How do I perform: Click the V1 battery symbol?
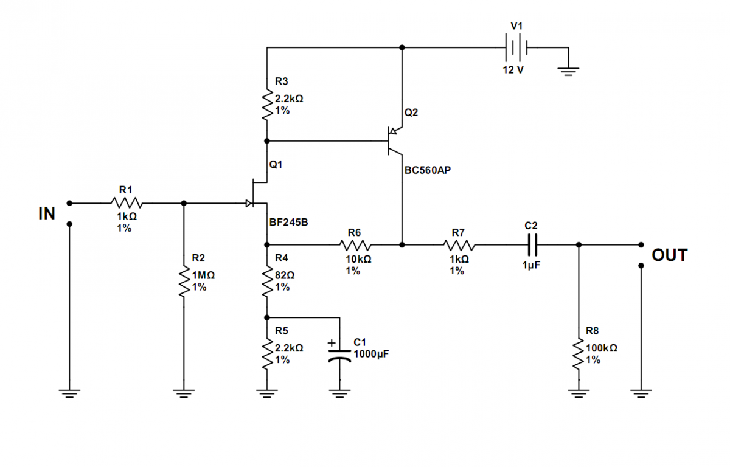click(x=516, y=47)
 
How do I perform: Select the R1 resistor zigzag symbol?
click(x=127, y=203)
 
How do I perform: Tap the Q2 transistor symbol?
click(x=395, y=140)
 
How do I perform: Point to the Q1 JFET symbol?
click(x=257, y=193)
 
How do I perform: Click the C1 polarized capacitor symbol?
click(x=339, y=356)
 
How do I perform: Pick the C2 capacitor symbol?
click(x=532, y=244)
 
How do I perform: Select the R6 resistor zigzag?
click(x=355, y=245)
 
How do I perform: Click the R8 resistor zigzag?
click(x=579, y=354)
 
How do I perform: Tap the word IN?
click(x=47, y=213)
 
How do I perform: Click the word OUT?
click(x=669, y=255)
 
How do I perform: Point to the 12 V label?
click(x=513, y=70)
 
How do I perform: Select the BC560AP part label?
click(x=428, y=170)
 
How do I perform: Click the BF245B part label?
click(x=289, y=222)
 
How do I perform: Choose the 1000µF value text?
click(x=371, y=354)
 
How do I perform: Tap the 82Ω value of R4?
click(x=285, y=275)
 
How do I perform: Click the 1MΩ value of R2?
click(x=203, y=275)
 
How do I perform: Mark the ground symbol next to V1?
click(x=568, y=71)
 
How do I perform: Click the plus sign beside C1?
click(x=332, y=343)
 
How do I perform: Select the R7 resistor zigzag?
click(x=459, y=245)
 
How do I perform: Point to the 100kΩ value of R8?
click(x=602, y=348)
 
